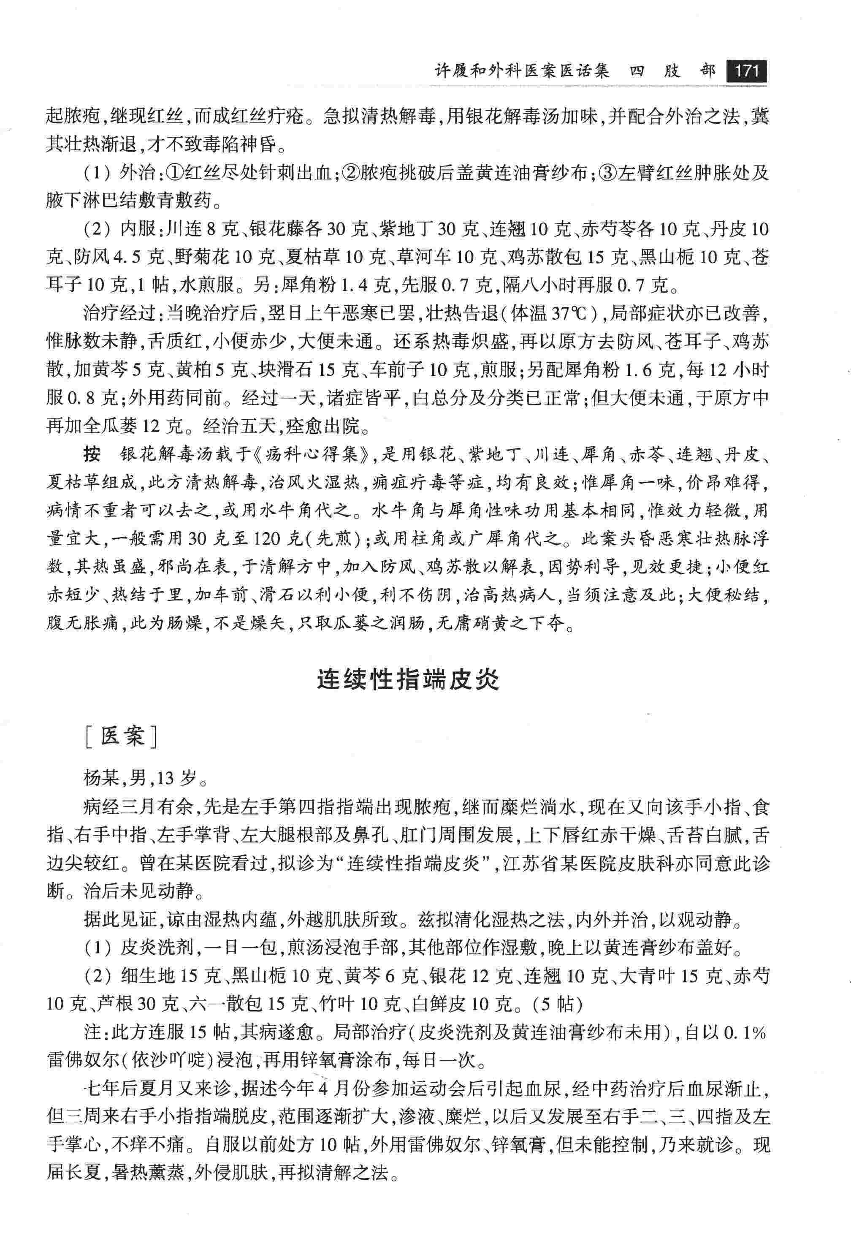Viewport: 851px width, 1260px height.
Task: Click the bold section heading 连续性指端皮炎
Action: (x=408, y=680)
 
